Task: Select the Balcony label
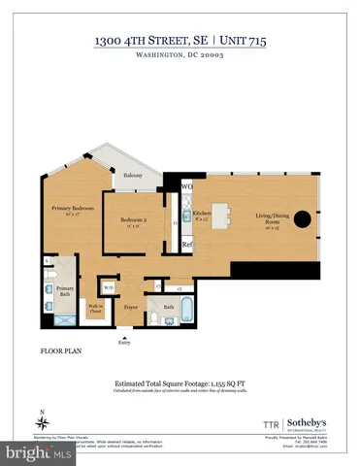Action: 135,176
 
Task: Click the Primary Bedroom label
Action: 73,210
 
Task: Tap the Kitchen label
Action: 202,213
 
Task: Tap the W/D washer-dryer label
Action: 108,287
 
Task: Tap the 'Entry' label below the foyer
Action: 123,342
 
